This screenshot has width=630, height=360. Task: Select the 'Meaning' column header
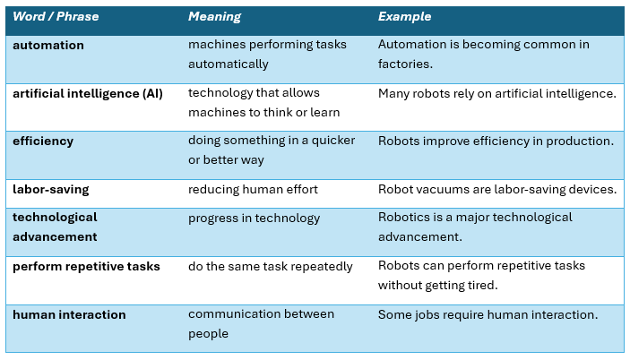coord(214,17)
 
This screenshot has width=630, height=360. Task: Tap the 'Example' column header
coord(404,17)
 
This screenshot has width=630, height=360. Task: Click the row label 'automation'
coord(48,45)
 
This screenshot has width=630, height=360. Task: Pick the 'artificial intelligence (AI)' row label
coord(88,93)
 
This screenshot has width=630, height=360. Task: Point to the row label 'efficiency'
coord(43,141)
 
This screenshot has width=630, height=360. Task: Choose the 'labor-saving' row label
coord(50,189)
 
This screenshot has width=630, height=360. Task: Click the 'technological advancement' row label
coord(55,227)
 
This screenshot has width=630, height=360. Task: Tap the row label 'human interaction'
coord(69,314)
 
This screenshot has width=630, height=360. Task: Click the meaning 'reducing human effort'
coord(254,189)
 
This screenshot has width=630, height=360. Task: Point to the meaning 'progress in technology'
coord(255,218)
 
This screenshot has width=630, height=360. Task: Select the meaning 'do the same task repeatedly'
coord(271,266)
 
